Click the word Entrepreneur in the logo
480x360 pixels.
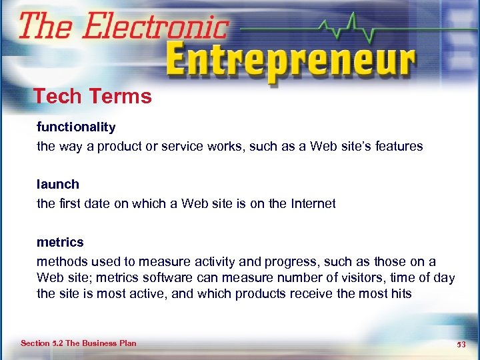tap(290, 62)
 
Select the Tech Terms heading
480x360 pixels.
tap(93, 97)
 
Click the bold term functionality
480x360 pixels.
tap(76, 127)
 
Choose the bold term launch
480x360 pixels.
tap(58, 184)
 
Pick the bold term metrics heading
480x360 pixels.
tap(60, 242)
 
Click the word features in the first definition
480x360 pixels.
tap(399, 146)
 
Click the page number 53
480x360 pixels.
tap(461, 344)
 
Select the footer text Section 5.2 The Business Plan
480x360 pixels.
tap(79, 343)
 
